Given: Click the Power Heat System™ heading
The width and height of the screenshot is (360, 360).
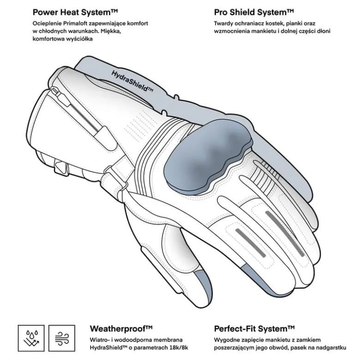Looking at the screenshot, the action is (x=75, y=12).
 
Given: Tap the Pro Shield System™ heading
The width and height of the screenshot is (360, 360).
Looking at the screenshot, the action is (x=254, y=12).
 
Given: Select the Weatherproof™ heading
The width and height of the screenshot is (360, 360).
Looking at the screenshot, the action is (x=121, y=329).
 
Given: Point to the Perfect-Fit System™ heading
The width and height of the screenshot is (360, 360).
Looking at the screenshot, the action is (x=254, y=329).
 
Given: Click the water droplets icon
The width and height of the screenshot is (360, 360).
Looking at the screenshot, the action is (x=31, y=338).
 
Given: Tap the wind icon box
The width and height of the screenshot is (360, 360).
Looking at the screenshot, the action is (x=62, y=338).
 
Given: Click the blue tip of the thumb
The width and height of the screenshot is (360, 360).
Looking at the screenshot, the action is (x=202, y=281).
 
